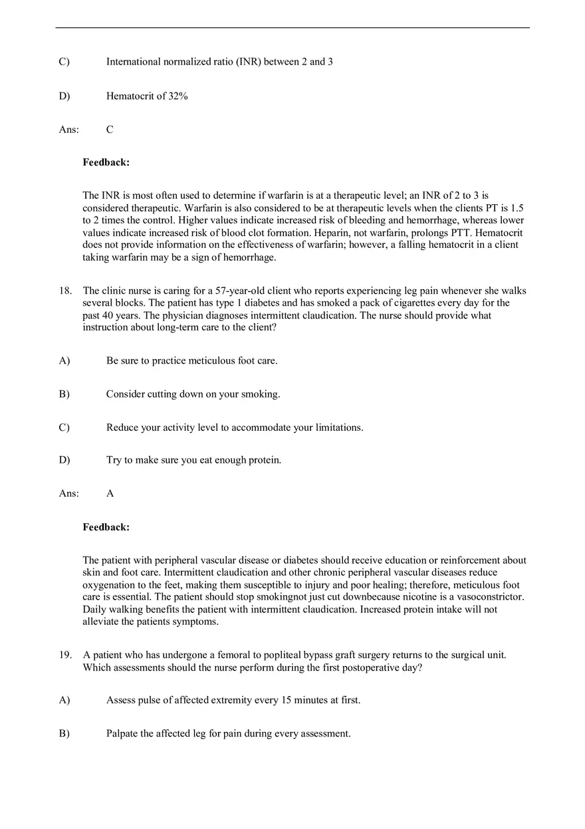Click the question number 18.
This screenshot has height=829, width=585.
click(x=64, y=291)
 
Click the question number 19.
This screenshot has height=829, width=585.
click(x=64, y=655)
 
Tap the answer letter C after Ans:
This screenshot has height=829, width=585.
click(x=110, y=130)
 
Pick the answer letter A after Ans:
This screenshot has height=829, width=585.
click(x=110, y=493)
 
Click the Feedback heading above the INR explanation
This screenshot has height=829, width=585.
click(x=106, y=162)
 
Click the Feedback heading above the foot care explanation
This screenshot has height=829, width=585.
click(x=106, y=527)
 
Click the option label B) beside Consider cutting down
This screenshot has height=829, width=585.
click(x=64, y=394)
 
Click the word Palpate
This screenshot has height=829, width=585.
click(x=124, y=734)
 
